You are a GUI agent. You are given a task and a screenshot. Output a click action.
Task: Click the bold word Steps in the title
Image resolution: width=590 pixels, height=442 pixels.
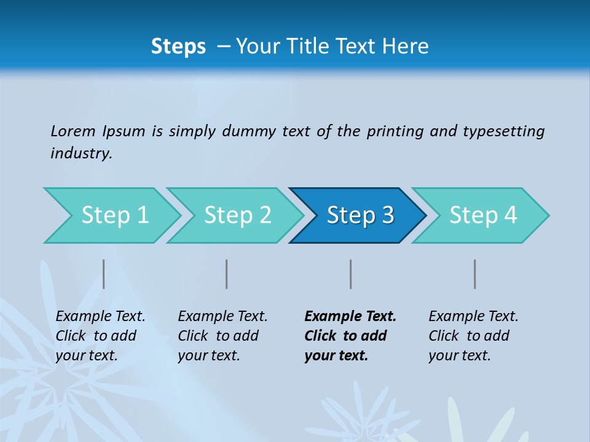[178, 47]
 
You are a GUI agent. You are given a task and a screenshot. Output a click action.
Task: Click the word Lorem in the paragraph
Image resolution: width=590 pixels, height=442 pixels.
[73, 131]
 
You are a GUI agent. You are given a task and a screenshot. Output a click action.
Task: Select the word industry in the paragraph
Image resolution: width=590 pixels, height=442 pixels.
[81, 153]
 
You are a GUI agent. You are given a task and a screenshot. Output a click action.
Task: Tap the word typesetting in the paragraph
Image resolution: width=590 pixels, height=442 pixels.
[503, 131]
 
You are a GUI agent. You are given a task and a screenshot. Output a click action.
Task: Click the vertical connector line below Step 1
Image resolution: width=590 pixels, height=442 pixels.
[104, 274]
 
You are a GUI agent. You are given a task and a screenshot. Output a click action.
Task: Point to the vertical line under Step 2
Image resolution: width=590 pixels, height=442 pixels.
[227, 274]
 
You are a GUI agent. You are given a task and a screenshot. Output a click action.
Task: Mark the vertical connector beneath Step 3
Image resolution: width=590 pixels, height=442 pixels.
[350, 274]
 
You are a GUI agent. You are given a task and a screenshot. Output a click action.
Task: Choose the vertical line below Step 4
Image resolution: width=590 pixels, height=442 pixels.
[474, 274]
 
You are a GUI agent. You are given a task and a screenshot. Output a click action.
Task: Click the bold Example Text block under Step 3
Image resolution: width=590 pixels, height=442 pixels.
[350, 336]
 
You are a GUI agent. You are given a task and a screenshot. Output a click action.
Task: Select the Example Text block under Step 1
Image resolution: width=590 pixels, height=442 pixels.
[100, 336]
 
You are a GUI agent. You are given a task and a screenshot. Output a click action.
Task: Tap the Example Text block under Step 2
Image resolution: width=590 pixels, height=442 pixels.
[222, 336]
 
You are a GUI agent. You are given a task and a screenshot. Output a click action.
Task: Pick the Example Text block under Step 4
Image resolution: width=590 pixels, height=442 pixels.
[473, 336]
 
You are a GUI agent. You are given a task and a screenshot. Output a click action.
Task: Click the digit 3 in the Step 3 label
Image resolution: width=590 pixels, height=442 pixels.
[387, 215]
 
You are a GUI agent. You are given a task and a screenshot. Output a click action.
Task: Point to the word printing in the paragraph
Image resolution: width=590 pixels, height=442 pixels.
[395, 131]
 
